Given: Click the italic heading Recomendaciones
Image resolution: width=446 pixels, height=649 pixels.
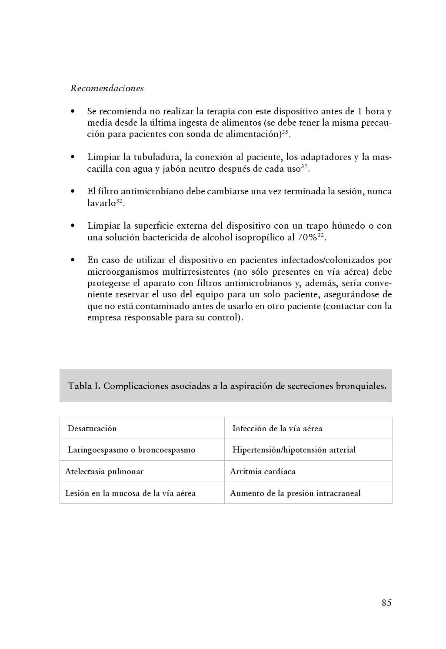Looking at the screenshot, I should tap(107, 88).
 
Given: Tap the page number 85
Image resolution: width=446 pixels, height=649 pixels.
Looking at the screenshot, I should tap(386, 602).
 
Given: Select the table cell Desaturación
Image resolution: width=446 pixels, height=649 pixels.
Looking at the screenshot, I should tap(92, 428).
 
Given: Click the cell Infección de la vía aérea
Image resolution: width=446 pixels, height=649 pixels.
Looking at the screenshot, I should tap(277, 428).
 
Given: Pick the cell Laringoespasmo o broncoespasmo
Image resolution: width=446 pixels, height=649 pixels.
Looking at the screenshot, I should tap(131, 449).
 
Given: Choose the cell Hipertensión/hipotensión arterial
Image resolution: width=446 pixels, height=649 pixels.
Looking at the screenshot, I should tap(294, 449).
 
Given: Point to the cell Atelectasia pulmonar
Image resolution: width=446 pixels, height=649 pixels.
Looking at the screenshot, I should tap(104, 471).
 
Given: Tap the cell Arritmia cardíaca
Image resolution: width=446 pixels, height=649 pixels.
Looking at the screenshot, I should tap(263, 471).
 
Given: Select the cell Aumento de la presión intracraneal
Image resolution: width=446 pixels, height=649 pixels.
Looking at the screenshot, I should tap(295, 493).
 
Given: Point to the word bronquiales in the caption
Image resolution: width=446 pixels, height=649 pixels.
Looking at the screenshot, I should tap(360, 386).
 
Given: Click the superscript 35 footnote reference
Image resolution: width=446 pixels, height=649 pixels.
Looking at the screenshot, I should tap(285, 132).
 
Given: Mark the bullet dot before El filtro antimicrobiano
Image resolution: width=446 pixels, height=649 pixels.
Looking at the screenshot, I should tap(73, 191).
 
